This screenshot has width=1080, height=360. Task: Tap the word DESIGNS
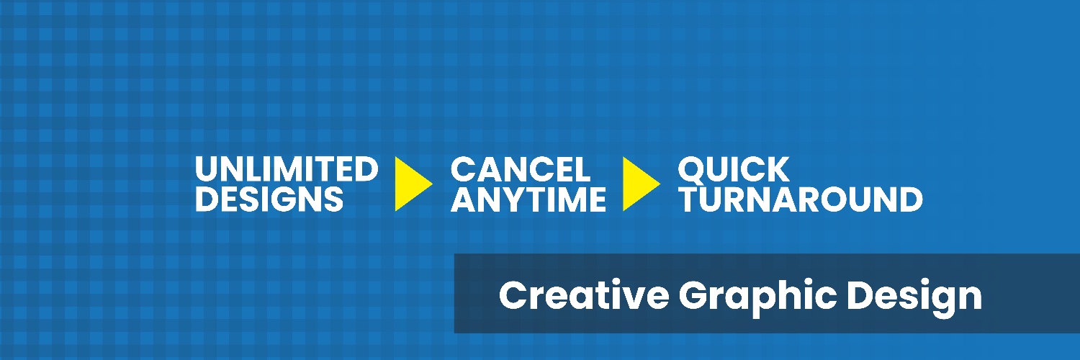[x=269, y=199]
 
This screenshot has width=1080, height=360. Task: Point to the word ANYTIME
[x=528, y=199]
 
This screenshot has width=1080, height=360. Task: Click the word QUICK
[x=734, y=170]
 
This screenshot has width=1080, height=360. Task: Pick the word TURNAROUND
[x=801, y=199]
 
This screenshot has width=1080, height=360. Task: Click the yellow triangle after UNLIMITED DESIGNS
[x=413, y=184]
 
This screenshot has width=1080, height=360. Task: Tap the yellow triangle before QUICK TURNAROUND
[x=642, y=184]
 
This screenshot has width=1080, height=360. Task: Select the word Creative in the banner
[x=584, y=294]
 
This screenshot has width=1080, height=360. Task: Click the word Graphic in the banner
[x=757, y=298]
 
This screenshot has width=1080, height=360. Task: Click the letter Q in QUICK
[x=692, y=170]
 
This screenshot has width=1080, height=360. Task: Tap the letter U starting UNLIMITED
[x=207, y=169]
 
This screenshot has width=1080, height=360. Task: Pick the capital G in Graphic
[x=694, y=294]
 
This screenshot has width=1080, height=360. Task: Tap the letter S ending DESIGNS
[x=333, y=199]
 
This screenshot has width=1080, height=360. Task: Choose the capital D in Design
[x=860, y=294]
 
